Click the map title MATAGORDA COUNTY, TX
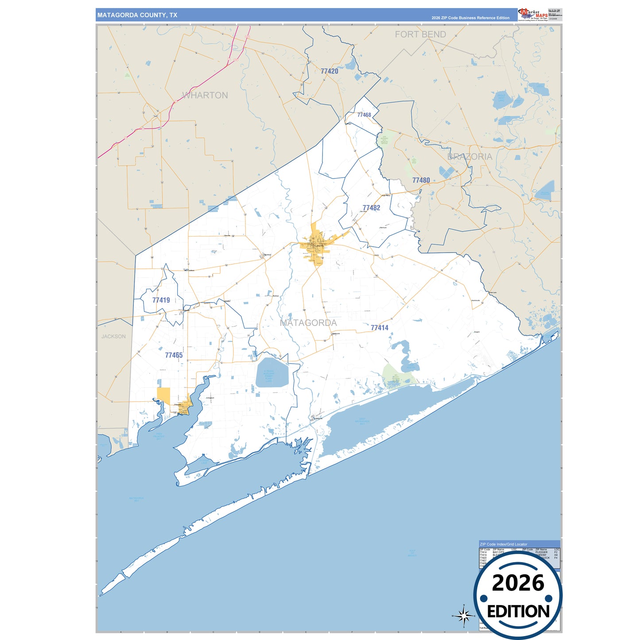tap(137, 15)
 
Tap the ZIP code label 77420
tap(329, 71)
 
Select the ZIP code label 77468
tap(364, 115)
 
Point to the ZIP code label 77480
tap(421, 180)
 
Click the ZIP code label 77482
tap(371, 208)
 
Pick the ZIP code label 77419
tap(161, 300)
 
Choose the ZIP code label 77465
tap(174, 355)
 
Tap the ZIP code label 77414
tap(379, 328)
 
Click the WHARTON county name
tap(205, 95)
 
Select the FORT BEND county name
tap(420, 35)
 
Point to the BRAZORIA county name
tap(469, 156)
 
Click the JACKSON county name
tap(113, 337)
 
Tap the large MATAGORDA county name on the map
tap(308, 323)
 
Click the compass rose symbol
tap(463, 616)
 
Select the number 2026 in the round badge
tap(518, 583)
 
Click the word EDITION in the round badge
tap(518, 612)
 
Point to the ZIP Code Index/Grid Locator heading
tap(504, 544)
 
